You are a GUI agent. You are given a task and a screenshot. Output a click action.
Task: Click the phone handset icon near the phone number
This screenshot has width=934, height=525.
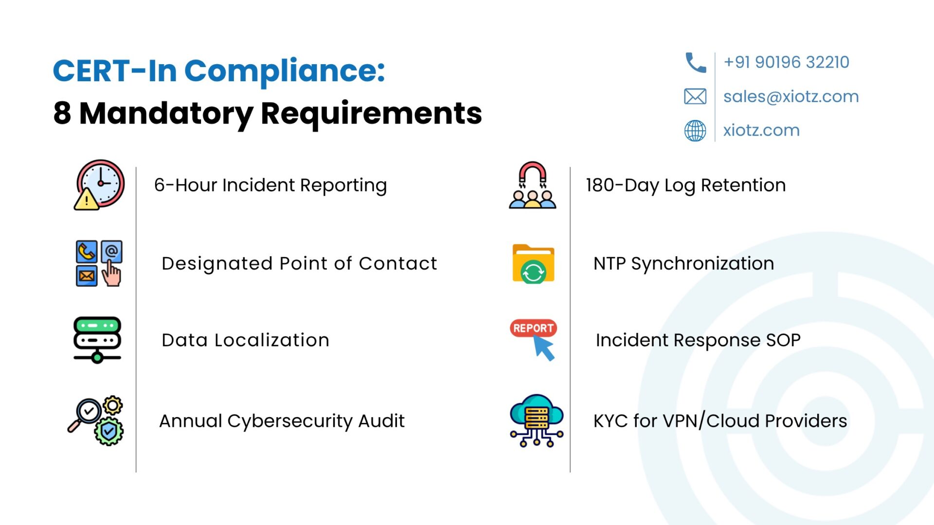click(x=696, y=63)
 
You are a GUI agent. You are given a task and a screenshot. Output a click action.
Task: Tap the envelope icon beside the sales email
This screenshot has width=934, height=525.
click(x=695, y=96)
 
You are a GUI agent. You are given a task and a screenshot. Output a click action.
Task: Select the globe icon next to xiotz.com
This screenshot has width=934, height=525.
click(x=695, y=130)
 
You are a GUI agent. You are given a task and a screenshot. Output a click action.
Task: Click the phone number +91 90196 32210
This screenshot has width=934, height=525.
click(x=786, y=62)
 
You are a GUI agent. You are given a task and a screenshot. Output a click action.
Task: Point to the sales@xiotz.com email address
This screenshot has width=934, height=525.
click(x=791, y=96)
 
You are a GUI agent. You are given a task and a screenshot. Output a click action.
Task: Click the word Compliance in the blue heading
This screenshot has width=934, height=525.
click(x=285, y=71)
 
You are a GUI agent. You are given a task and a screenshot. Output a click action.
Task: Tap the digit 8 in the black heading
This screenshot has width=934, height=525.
click(x=62, y=113)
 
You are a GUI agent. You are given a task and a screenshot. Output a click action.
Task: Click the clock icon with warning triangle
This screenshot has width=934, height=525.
click(x=99, y=185)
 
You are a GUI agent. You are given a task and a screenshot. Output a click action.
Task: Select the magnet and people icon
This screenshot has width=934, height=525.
click(x=532, y=185)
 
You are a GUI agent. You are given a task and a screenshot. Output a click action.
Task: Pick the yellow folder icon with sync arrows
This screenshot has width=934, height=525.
click(x=533, y=263)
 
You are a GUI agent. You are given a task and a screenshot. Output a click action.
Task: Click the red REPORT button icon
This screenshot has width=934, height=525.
click(x=534, y=328)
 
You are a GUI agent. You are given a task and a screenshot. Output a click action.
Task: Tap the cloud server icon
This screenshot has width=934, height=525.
click(x=537, y=420)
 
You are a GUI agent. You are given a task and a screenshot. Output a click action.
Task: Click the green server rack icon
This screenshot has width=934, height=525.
click(x=97, y=340)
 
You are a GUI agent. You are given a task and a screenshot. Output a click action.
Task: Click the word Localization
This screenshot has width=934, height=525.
click(x=272, y=340)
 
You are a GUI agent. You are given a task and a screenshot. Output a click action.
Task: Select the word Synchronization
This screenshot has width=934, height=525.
click(x=702, y=264)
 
